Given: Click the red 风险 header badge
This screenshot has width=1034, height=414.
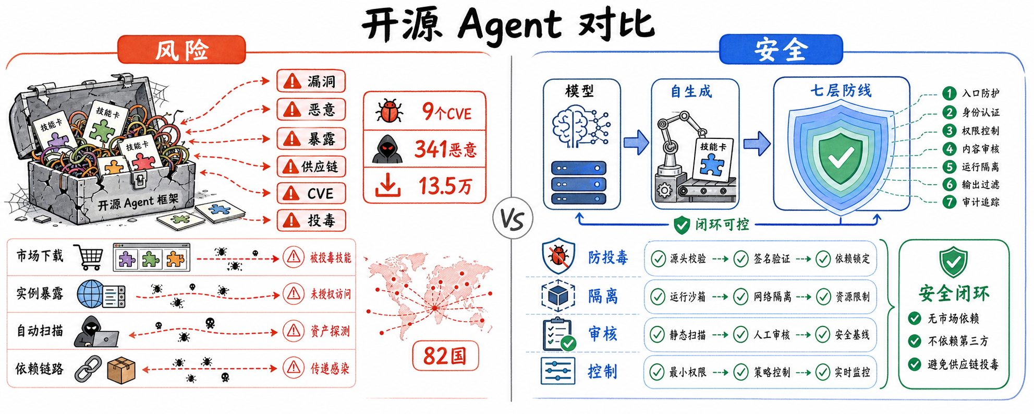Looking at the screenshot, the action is tap(181, 50).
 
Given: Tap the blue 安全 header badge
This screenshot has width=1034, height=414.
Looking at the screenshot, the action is tap(781, 49).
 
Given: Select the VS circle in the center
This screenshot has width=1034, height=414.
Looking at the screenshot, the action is tap(513, 219).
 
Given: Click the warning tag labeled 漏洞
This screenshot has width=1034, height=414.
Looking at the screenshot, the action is tap(311, 81).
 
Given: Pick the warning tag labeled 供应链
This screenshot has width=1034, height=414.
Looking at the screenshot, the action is tap(311, 167).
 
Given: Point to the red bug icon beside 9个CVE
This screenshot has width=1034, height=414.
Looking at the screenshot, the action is tap(389, 111).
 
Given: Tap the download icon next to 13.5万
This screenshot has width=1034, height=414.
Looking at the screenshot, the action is tap(388, 185).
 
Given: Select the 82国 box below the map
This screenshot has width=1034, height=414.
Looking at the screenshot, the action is tap(445, 356).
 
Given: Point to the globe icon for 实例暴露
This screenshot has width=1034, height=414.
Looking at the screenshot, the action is tap(90, 294).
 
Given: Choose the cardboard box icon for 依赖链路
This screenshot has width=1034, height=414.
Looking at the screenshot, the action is tap(121, 370).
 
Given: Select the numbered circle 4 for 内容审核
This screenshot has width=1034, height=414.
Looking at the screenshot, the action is tap(950, 149).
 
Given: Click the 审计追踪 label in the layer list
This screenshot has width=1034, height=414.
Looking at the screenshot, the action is tap(981, 202).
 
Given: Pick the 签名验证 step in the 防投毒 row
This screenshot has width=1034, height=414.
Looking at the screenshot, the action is tap(772, 258).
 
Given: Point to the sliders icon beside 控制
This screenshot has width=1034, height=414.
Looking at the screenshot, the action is tap(558, 371).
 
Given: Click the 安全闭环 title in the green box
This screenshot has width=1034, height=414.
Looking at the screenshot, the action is tap(954, 293).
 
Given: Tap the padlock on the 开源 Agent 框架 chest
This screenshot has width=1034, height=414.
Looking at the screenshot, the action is tap(139, 180).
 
